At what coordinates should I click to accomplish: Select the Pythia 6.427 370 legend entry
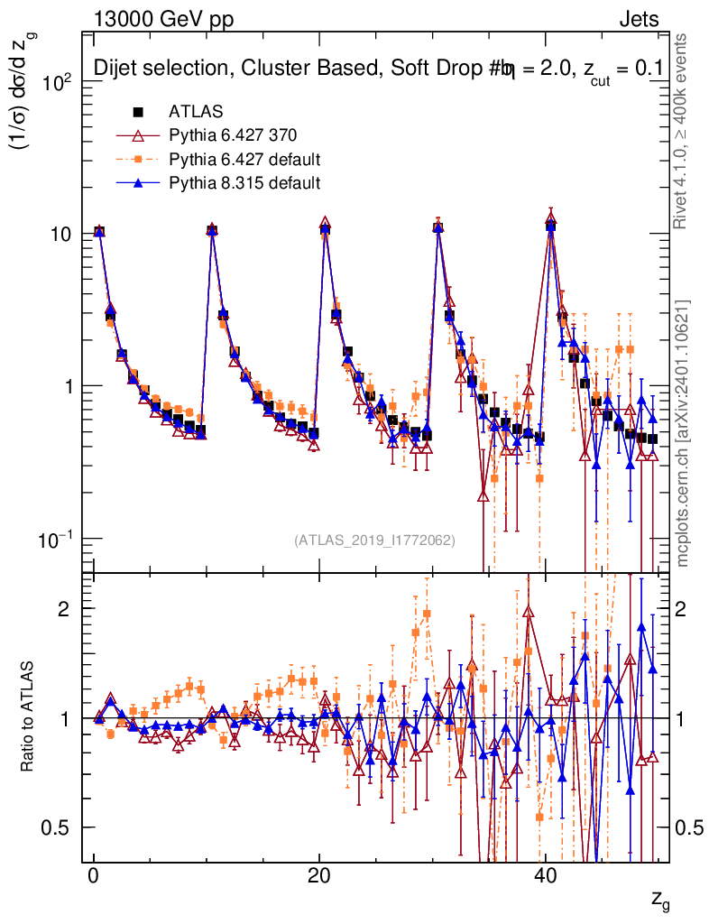pos(233,135)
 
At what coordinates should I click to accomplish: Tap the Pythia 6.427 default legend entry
pos(244,160)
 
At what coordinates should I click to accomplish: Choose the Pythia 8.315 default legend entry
pos(244,183)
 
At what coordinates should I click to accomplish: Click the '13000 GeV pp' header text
pos(162,19)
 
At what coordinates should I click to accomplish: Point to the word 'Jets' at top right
pos(639,19)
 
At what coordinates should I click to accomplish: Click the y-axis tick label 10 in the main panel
pos(65,234)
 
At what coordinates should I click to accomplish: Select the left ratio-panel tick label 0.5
pos(60,827)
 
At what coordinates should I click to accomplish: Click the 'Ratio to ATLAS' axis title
pos(29,716)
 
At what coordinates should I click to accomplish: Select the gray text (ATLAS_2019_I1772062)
pos(374,540)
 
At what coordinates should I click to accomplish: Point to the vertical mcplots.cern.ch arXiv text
pos(683,433)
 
